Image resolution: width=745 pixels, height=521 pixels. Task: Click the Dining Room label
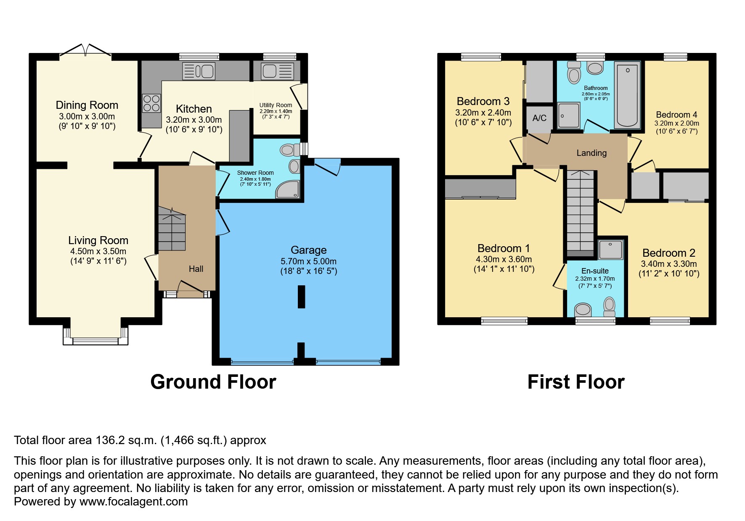[87, 105]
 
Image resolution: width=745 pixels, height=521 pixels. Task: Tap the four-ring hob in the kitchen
[151, 103]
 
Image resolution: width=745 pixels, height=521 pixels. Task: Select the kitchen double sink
[199, 71]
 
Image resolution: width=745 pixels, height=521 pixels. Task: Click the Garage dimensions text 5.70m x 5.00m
[308, 261]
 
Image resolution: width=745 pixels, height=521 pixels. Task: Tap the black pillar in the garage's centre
[301, 297]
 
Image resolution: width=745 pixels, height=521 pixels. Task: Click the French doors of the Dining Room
[85, 51]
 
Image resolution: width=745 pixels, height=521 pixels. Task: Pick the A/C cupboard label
[539, 118]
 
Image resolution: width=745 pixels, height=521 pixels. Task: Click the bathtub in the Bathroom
[627, 95]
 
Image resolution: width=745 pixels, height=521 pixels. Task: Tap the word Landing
[591, 153]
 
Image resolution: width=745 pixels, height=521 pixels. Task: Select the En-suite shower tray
[610, 250]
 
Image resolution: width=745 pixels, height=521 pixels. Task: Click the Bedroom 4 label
[676, 115]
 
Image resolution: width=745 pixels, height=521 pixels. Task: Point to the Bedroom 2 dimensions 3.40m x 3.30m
[668, 264]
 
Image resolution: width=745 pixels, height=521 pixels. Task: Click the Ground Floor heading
[213, 382]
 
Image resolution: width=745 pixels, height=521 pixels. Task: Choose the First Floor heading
[575, 382]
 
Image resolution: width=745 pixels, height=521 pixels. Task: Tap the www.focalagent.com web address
[133, 502]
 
